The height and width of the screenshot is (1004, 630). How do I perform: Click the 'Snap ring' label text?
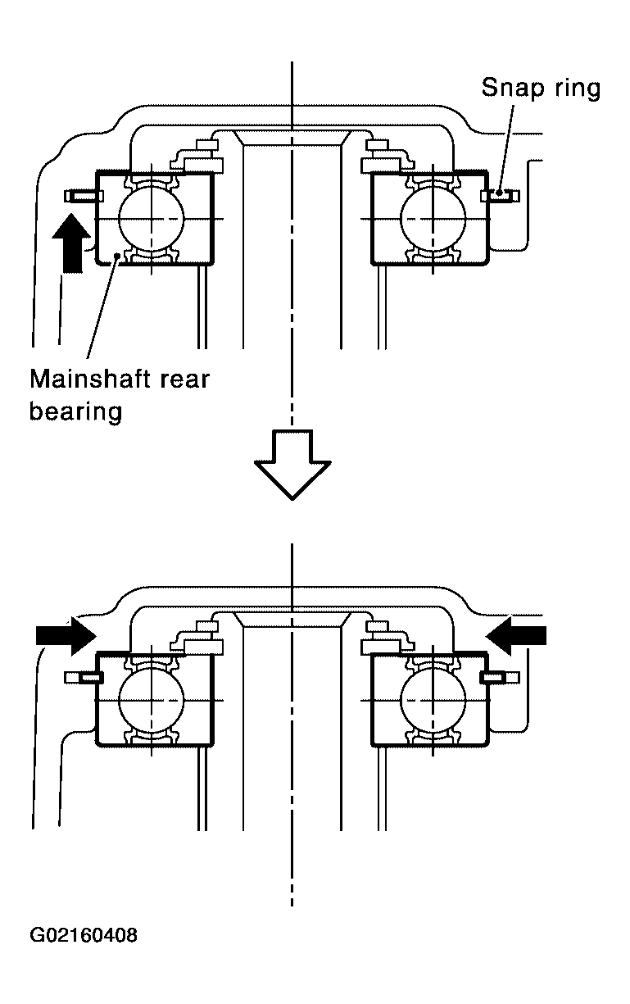pyautogui.click(x=541, y=88)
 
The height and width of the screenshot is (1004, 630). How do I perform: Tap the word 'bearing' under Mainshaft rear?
pyautogui.click(x=75, y=411)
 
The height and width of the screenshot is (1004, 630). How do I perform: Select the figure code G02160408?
pyautogui.click(x=84, y=935)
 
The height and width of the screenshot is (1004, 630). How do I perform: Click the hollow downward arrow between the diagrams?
pyautogui.click(x=292, y=463)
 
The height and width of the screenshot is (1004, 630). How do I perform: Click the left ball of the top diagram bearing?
pyautogui.click(x=152, y=218)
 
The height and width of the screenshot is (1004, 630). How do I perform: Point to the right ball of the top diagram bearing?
pyautogui.click(x=433, y=218)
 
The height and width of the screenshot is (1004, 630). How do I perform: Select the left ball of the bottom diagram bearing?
pyautogui.click(x=152, y=699)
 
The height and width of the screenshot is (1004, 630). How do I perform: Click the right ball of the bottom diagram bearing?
pyautogui.click(x=433, y=699)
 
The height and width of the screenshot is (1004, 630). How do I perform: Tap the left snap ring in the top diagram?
pyautogui.click(x=83, y=196)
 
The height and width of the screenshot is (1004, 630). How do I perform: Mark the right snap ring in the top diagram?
pyautogui.click(x=499, y=195)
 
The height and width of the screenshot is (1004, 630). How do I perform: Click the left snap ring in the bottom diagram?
pyautogui.click(x=83, y=678)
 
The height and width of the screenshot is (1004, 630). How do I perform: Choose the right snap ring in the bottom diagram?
pyautogui.click(x=496, y=678)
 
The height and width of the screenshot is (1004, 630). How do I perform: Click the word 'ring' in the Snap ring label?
pyautogui.click(x=577, y=88)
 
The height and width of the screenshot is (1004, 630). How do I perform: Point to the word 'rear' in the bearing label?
pyautogui.click(x=184, y=380)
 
